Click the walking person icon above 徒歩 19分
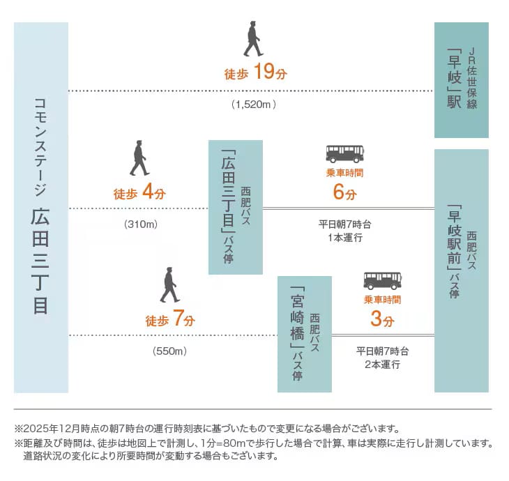[253, 40]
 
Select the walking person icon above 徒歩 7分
[169, 285]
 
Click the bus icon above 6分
[344, 154]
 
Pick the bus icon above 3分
[382, 280]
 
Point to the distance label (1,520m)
[254, 105]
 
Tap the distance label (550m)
[169, 351]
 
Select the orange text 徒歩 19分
[256, 72]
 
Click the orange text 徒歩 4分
[139, 193]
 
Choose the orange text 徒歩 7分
[170, 320]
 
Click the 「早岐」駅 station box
[461, 79]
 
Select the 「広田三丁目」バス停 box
[235, 207]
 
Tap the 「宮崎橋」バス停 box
[304, 334]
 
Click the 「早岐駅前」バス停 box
[461, 270]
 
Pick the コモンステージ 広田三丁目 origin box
[41, 207]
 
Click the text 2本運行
[382, 365]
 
